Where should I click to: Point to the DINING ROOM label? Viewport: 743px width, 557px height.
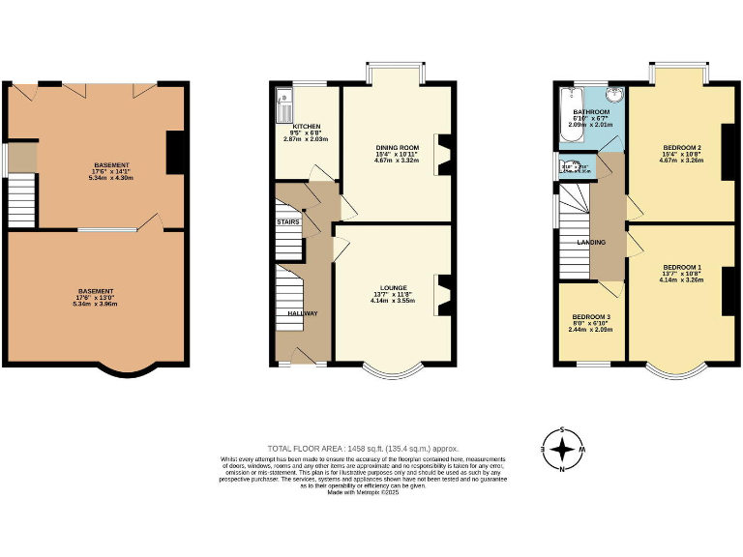[x=396, y=147]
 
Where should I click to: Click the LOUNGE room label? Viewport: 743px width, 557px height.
[x=393, y=287]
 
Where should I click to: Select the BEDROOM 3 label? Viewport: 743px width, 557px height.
[x=589, y=317]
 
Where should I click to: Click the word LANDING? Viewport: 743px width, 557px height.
[x=591, y=242]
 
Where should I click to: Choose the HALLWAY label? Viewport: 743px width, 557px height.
[x=303, y=312]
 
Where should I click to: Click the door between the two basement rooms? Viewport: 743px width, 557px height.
[x=149, y=223]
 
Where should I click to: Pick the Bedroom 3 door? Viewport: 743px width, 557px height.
[x=609, y=288]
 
